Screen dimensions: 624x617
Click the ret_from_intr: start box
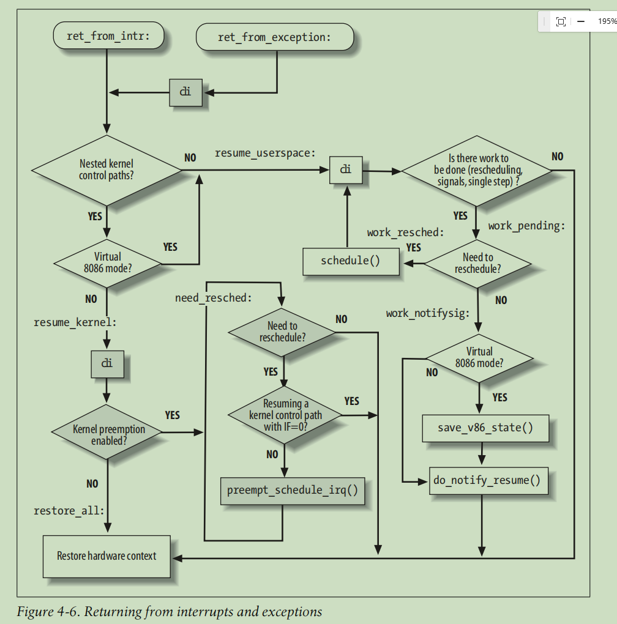pos(108,37)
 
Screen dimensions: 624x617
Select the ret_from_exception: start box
pos(274,37)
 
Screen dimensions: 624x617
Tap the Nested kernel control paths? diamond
pos(107,169)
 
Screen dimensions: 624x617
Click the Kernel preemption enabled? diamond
pos(108,433)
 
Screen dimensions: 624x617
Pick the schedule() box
pos(350,261)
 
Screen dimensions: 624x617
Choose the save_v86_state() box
pos(485,428)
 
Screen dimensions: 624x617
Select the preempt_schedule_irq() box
pos(292,491)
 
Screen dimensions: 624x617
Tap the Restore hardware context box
pos(107,556)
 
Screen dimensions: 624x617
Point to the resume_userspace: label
pos(265,153)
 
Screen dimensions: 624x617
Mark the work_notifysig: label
pos(428,313)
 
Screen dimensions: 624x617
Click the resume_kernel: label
pos(75,322)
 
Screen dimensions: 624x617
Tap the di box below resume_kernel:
pos(107,363)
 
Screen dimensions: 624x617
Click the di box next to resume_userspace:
pos(346,169)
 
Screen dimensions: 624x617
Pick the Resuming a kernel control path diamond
pos(285,415)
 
